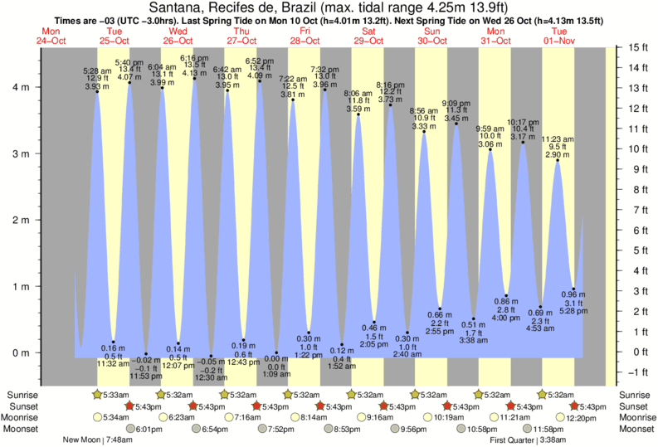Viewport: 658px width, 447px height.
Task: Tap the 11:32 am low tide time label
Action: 113,363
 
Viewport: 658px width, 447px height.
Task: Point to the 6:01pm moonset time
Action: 149,429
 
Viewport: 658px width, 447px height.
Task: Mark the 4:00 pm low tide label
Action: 506,318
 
